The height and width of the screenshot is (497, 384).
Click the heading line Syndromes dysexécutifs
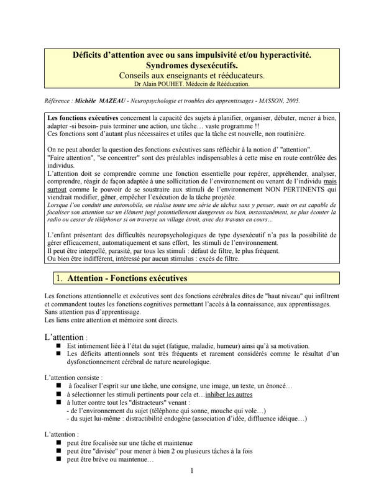tap(191, 65)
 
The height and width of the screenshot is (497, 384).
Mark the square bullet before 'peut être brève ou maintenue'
tap(59, 462)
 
